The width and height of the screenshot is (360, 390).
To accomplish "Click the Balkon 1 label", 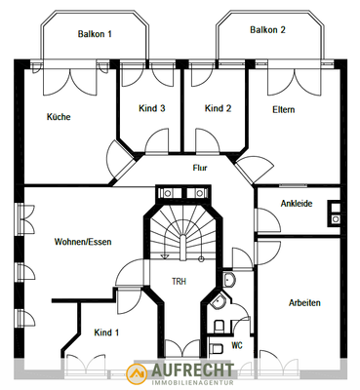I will pyautogui.click(x=96, y=34).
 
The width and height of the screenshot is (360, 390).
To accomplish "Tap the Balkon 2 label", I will pyautogui.click(x=267, y=30).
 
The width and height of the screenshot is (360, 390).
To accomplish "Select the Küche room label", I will pyautogui.click(x=59, y=117).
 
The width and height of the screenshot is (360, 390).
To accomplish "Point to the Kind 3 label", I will pyautogui.click(x=150, y=108).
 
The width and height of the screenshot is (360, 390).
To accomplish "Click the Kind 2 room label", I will pyautogui.click(x=218, y=108).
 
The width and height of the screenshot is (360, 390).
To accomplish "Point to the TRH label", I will pyautogui.click(x=179, y=282).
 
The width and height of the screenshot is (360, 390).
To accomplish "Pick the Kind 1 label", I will pyautogui.click(x=106, y=332).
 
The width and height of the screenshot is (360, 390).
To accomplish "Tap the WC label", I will pyautogui.click(x=235, y=345).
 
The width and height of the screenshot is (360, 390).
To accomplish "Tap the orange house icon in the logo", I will pyautogui.click(x=140, y=373).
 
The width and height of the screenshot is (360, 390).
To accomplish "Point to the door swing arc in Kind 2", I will pyautogui.click(x=218, y=143).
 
